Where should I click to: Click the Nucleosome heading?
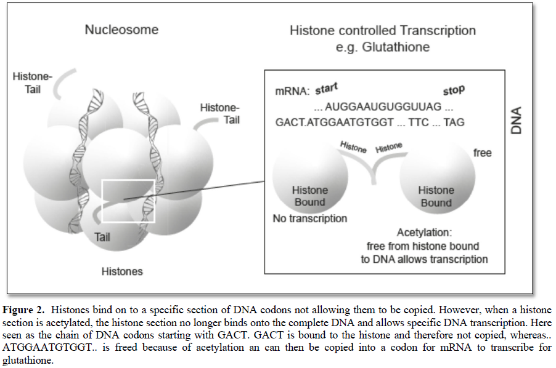click(121, 30)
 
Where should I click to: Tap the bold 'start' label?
click(327, 88)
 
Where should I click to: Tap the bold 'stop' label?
click(453, 90)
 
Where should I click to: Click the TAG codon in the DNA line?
click(454, 122)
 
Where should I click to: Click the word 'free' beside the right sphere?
click(482, 152)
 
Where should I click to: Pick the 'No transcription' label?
click(310, 218)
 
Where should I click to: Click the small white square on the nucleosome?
click(128, 201)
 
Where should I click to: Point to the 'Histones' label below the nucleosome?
click(122, 271)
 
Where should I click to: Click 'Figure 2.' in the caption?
click(25, 309)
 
